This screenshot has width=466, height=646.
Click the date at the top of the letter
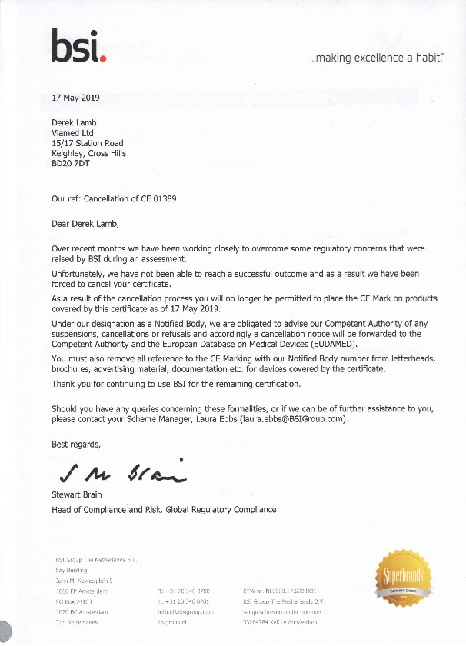tap(75, 99)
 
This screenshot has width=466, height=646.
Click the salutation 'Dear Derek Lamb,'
tap(86, 226)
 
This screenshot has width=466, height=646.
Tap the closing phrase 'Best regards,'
tap(75, 445)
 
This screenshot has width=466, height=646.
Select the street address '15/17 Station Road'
tap(87, 143)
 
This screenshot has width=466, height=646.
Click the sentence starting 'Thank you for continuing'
tap(175, 384)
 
